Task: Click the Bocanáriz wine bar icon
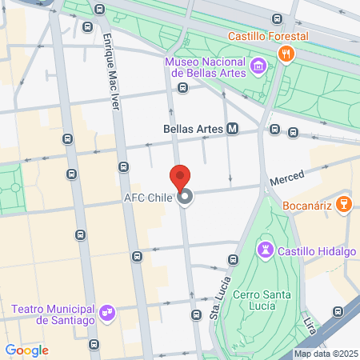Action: pyautogui.click(x=344, y=203)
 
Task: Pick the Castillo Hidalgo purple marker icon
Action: pyautogui.click(x=264, y=251)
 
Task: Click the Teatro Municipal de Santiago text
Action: pyautogui.click(x=54, y=314)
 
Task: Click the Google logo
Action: pyautogui.click(x=26, y=350)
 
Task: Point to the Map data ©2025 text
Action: pyautogui.click(x=325, y=354)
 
